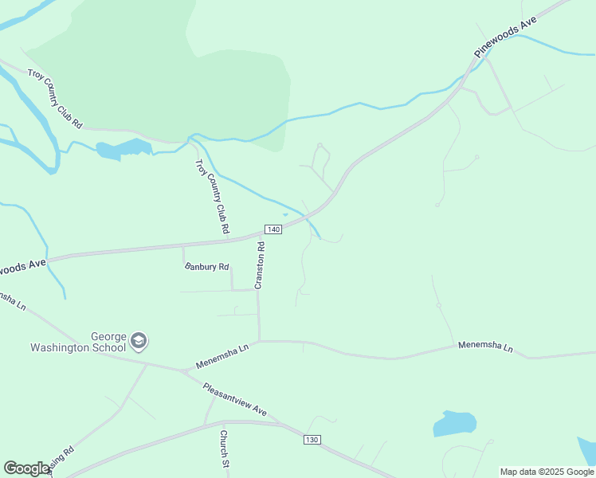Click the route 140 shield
coord(273,229)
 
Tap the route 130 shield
coord(312,440)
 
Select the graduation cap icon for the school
coord(139,341)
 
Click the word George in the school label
coord(109,337)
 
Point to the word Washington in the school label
coord(78,347)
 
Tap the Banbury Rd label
coord(206,267)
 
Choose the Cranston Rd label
coord(260,264)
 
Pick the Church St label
coord(225,449)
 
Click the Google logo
coord(26,468)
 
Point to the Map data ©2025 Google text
coord(547,472)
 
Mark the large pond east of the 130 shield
coord(455,423)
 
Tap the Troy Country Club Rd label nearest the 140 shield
coord(213,195)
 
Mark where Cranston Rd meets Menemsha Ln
coord(259,342)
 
